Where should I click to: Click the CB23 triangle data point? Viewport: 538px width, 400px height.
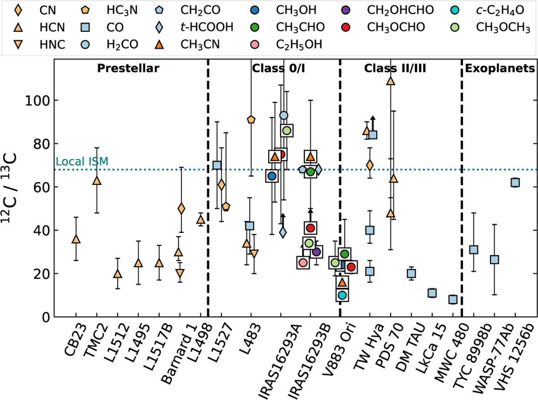coord(76,239)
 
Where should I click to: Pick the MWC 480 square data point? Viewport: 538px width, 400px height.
coord(453,299)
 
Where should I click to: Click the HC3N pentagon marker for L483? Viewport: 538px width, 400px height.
coord(251,120)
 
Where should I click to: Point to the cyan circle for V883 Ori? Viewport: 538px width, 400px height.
coord(343,295)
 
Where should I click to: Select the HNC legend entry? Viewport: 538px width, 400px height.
coord(40,44)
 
